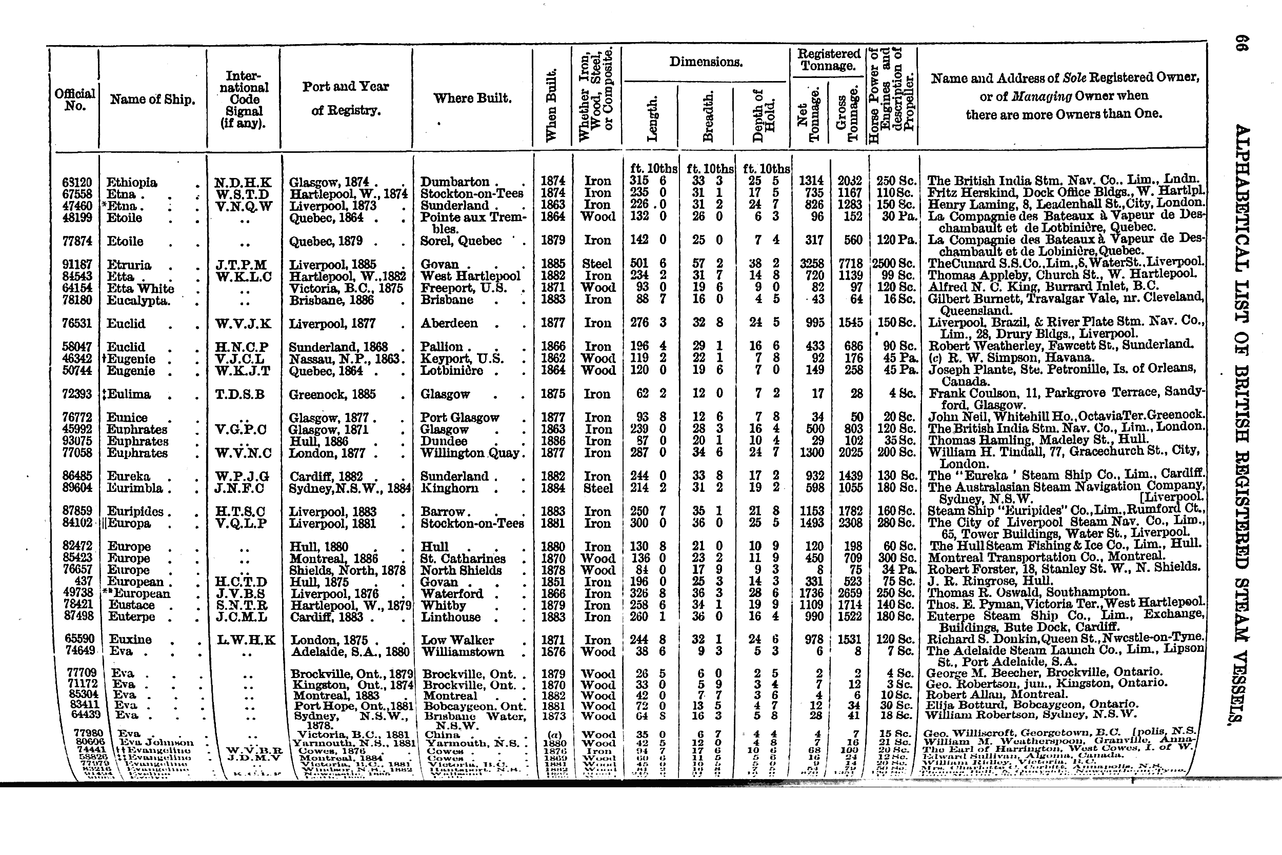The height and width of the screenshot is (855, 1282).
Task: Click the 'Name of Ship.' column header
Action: (x=152, y=99)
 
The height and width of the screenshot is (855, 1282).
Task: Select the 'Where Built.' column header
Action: (x=472, y=98)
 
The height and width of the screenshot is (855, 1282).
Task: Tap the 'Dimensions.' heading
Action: (x=706, y=62)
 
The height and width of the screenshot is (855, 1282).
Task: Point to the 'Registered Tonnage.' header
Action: (x=828, y=60)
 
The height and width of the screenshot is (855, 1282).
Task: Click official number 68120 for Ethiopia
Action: (x=77, y=182)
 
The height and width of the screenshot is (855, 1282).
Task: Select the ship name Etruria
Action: (x=129, y=265)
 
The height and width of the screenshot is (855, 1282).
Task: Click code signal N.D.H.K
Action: (x=243, y=182)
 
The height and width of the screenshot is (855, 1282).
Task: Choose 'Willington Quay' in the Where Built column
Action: (x=470, y=453)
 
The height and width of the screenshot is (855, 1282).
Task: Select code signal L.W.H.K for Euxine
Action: (x=245, y=640)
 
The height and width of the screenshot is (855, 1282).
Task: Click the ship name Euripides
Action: (x=136, y=511)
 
